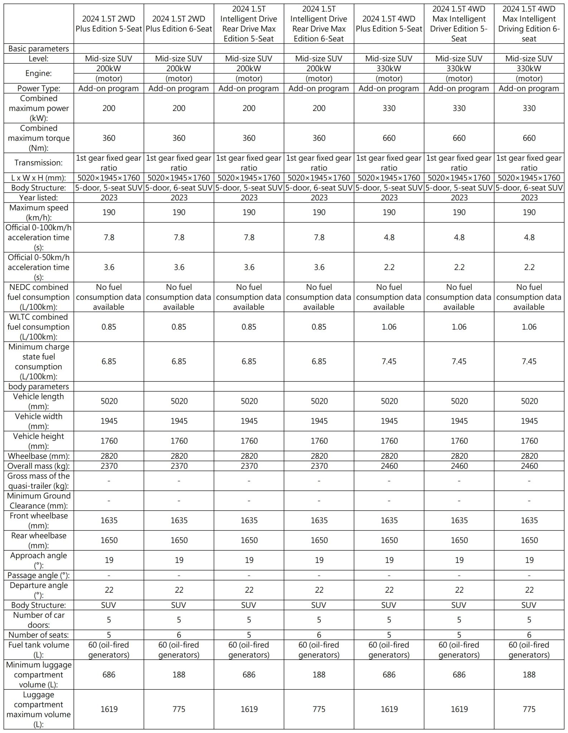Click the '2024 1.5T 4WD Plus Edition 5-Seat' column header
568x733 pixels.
point(389,24)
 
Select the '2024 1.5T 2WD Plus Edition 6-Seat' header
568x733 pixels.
point(179,24)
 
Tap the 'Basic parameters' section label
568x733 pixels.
point(39,49)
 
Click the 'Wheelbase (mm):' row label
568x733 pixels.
point(39,456)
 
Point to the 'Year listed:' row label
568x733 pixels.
point(39,198)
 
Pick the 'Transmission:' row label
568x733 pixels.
point(39,163)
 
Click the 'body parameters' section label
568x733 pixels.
point(39,387)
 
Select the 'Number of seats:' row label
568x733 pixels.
point(39,635)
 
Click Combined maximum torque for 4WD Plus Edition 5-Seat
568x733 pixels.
point(389,138)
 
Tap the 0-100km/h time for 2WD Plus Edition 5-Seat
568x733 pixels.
point(109,237)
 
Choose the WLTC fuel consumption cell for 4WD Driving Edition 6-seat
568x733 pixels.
point(529,327)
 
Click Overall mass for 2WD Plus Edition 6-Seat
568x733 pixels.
point(179,466)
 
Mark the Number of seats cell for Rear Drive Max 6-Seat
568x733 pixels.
point(319,635)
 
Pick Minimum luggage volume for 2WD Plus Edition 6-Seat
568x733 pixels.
point(179,675)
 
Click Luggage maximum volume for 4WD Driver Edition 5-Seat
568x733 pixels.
point(459,709)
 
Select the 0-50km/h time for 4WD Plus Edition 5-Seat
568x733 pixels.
point(389,267)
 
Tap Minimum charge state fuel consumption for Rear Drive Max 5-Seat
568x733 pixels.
point(249,361)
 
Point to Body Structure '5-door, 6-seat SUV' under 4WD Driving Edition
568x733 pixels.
point(529,188)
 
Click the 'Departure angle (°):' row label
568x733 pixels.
point(39,590)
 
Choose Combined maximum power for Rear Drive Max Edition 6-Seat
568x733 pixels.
point(319,108)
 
